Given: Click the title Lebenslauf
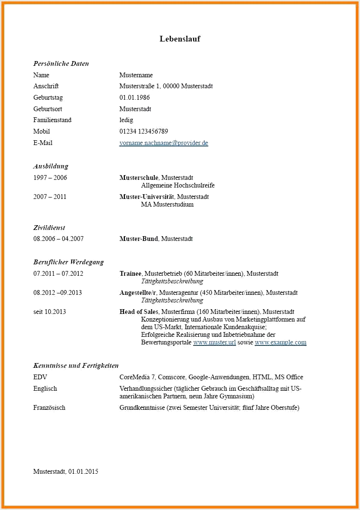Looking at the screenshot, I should click(x=180, y=39).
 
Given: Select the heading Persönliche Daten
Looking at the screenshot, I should click(x=61, y=63).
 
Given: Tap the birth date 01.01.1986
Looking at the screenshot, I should click(x=134, y=98).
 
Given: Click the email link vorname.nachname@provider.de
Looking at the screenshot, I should click(x=164, y=143).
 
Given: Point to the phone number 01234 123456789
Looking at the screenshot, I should click(x=144, y=131).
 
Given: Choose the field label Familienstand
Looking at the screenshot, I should click(x=52, y=120).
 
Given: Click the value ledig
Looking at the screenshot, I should click(x=126, y=120).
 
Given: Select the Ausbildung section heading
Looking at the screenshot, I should click(x=51, y=167).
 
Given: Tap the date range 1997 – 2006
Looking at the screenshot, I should click(x=50, y=178).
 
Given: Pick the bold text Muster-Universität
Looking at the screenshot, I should click(x=147, y=197).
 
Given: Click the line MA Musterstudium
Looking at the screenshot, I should click(x=167, y=205).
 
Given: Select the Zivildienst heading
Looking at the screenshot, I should click(x=49, y=228).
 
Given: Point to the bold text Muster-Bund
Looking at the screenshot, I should click(x=138, y=239).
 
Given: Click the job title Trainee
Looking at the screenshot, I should click(x=130, y=274).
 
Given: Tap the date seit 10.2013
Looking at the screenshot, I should click(x=50, y=312).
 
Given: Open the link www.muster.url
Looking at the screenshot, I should click(x=214, y=343).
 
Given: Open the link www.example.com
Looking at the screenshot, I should click(x=280, y=343).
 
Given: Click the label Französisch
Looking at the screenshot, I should click(x=49, y=408).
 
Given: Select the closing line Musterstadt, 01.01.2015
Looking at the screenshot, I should click(x=65, y=471).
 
